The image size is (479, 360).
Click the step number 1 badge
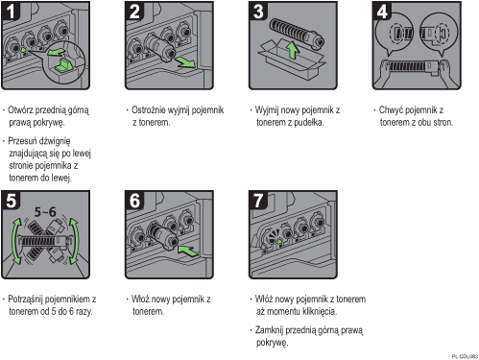pyautogui.click(x=11, y=12)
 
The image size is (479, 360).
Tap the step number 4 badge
pyautogui.click(x=382, y=12)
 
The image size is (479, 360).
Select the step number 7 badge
pyautogui.click(x=258, y=201)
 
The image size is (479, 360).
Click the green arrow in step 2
pyautogui.click(x=185, y=61)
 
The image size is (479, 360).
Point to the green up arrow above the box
pyautogui.click(x=292, y=50)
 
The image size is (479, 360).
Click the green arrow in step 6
pyautogui.click(x=188, y=251)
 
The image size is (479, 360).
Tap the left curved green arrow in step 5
pyautogui.click(x=14, y=241)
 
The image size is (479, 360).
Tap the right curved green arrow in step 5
pyautogui.click(x=75, y=241)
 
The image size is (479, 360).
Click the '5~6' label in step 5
pyautogui.click(x=45, y=211)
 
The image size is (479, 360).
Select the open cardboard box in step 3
pyautogui.click(x=292, y=60)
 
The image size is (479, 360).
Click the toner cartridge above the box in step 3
pyautogui.click(x=297, y=34)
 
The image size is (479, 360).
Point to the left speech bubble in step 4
pyautogui.click(x=395, y=34)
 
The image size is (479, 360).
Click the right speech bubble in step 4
pyautogui.click(x=439, y=34)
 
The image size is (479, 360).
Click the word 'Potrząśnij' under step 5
pyautogui.click(x=28, y=300)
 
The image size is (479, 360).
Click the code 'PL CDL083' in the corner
pyautogui.click(x=465, y=356)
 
